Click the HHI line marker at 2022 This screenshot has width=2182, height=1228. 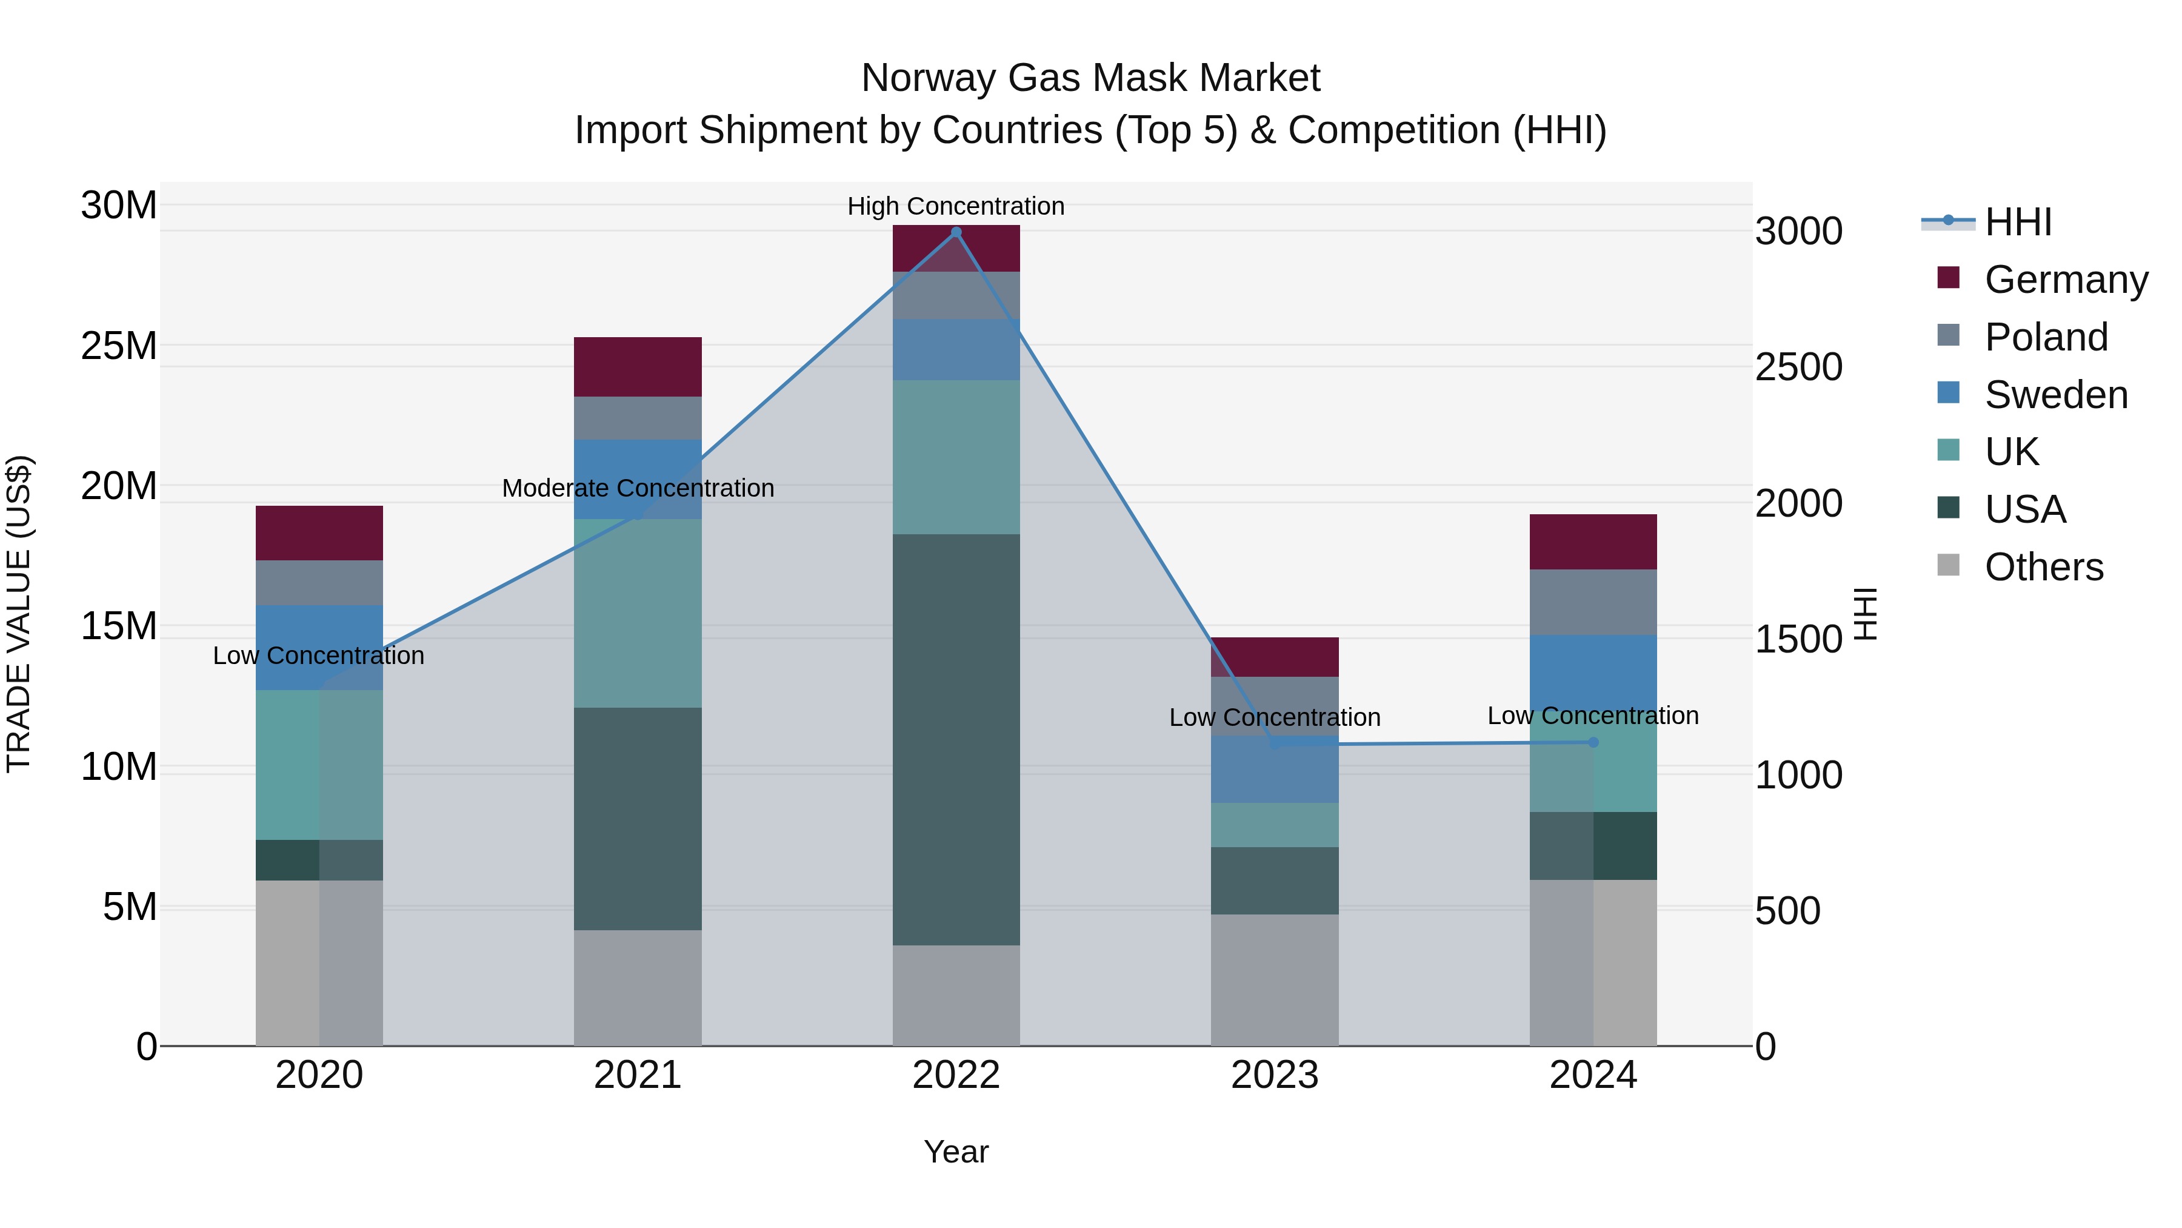[956, 232]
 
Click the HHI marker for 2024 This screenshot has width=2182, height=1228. [1593, 742]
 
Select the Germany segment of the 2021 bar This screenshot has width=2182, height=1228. [638, 367]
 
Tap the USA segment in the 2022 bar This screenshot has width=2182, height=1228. [956, 739]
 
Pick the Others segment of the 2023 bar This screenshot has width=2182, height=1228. [1275, 980]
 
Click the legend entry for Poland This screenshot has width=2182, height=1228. [2045, 337]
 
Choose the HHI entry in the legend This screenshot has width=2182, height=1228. [2018, 222]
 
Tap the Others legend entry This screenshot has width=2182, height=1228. [2043, 567]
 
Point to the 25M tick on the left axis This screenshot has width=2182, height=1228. [119, 346]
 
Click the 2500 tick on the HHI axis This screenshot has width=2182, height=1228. [1798, 367]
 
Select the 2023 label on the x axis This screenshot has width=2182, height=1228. [1275, 1075]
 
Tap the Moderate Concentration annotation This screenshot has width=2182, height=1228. [638, 488]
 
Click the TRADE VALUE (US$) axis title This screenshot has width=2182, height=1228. [19, 614]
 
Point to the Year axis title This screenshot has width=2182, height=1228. [956, 1152]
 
